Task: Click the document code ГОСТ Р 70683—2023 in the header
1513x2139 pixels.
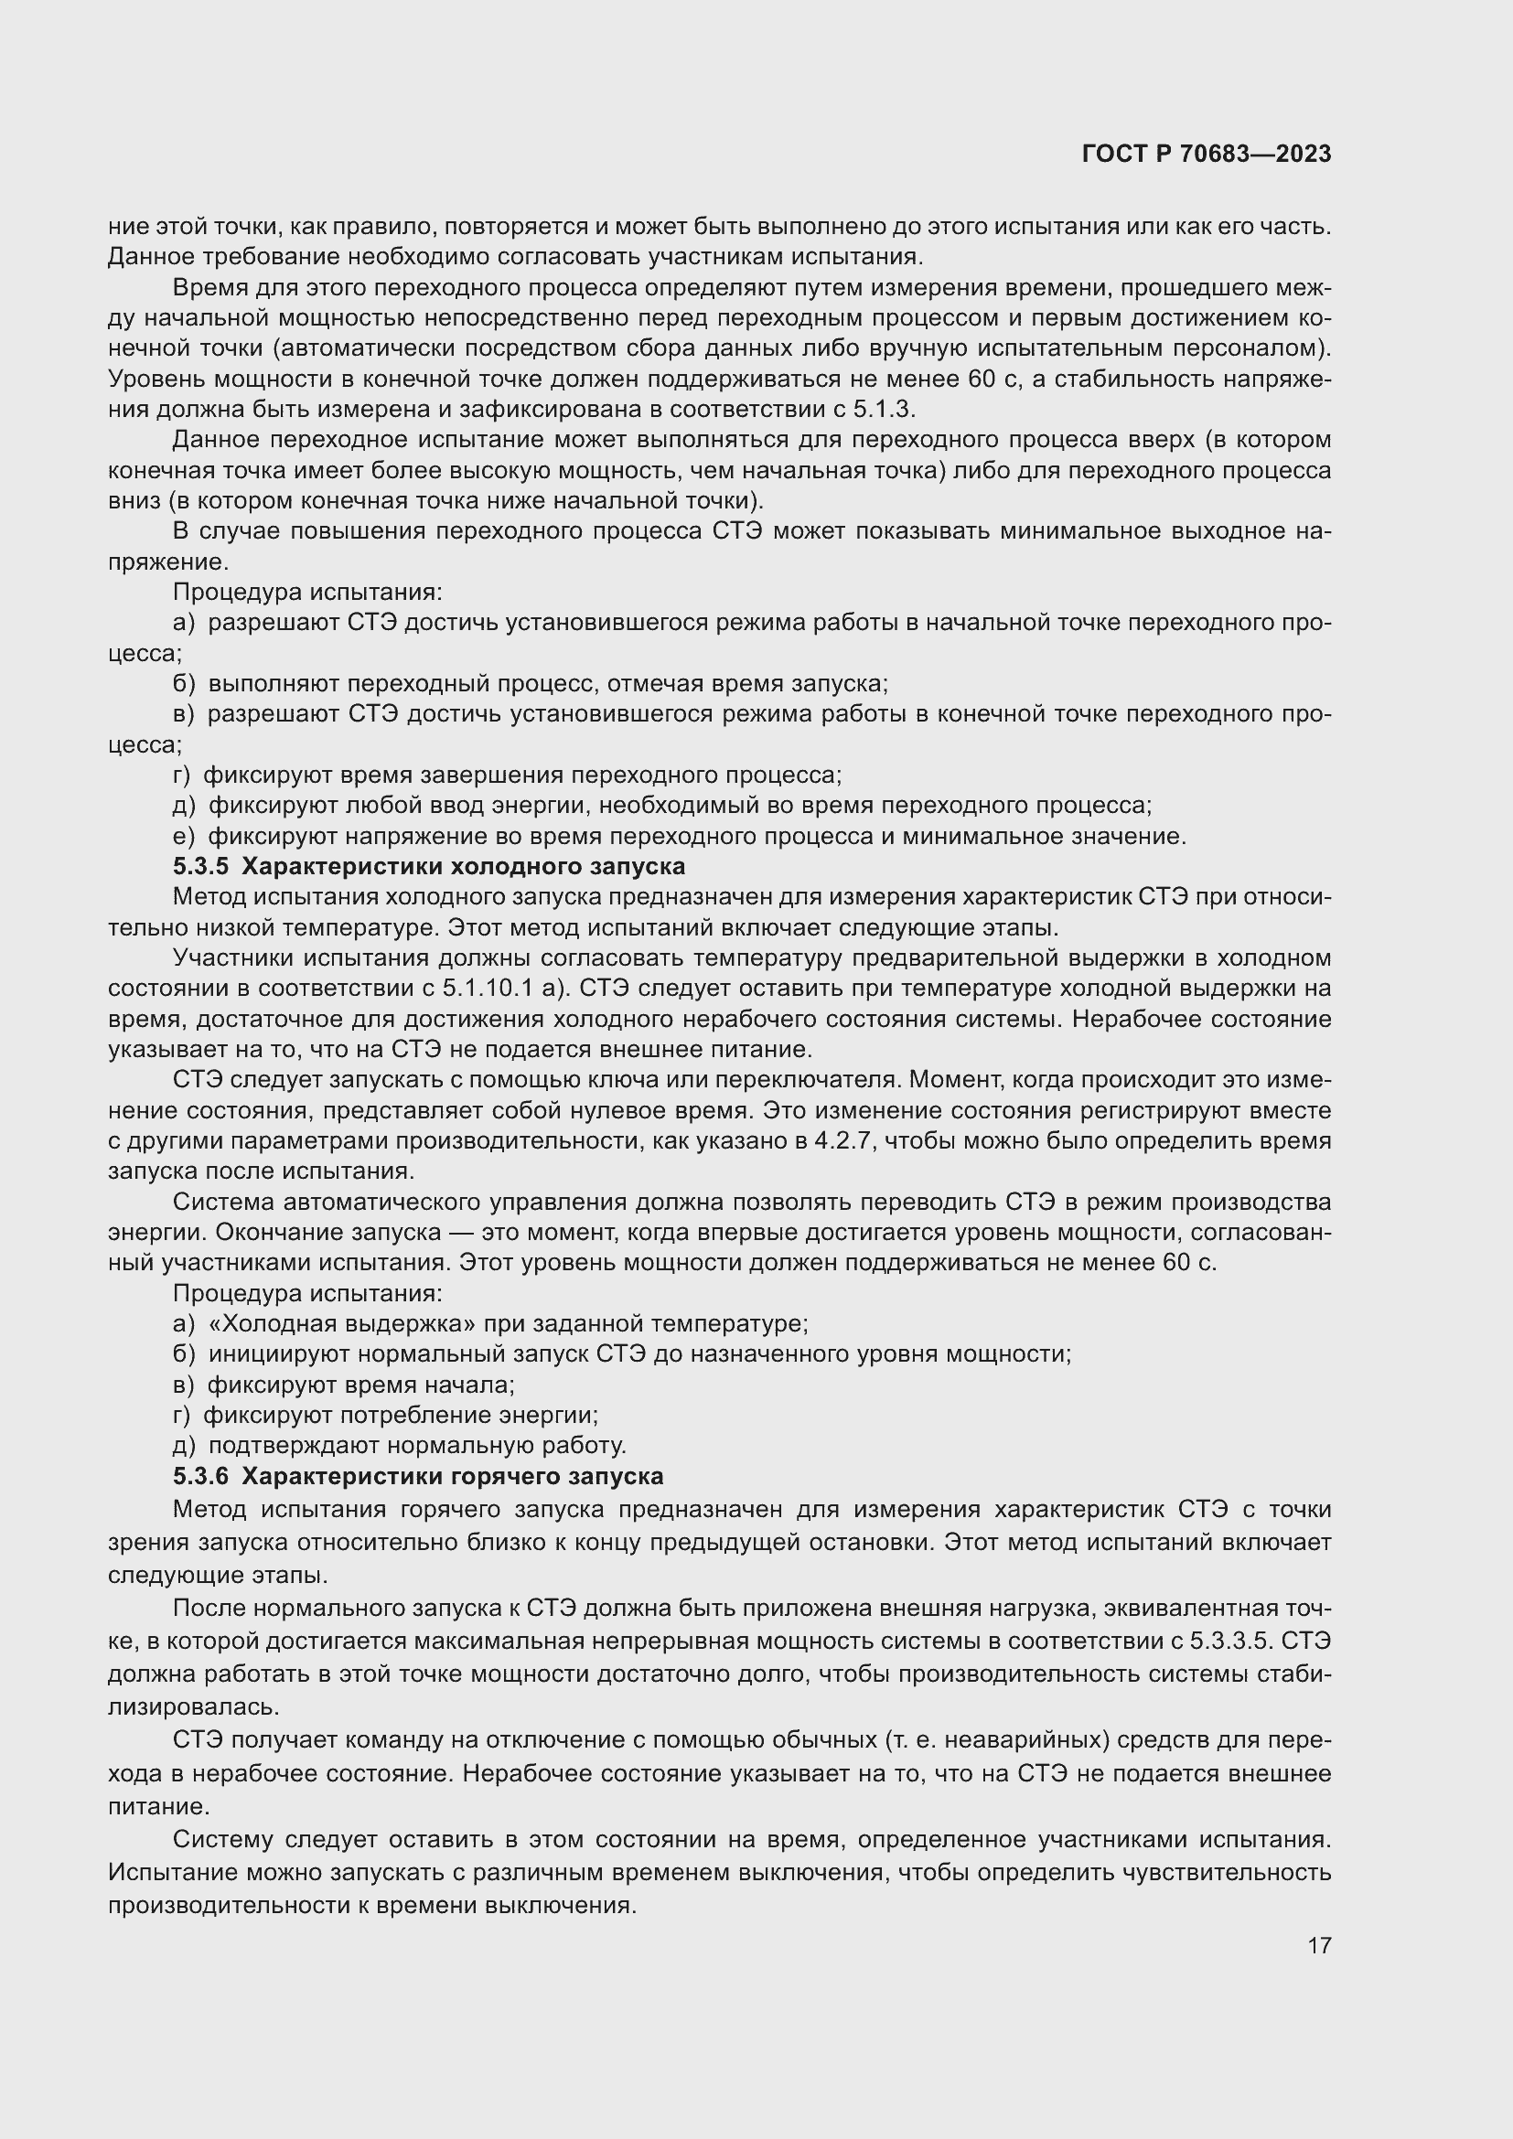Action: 1207,154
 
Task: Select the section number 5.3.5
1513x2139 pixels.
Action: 199,866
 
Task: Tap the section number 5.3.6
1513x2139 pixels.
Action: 199,1477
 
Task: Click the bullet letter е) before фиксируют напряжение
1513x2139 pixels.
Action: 184,837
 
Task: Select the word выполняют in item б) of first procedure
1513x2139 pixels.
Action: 274,684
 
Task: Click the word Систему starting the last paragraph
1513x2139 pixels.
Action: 221,1840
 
